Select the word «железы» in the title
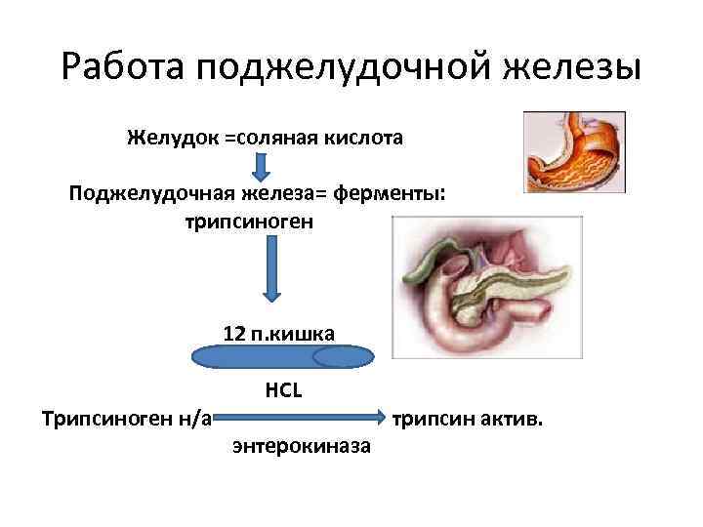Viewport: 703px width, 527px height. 573,68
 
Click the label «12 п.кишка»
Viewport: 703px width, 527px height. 278,334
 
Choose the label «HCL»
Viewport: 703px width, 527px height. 283,390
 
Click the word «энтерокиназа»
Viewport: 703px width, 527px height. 302,447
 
